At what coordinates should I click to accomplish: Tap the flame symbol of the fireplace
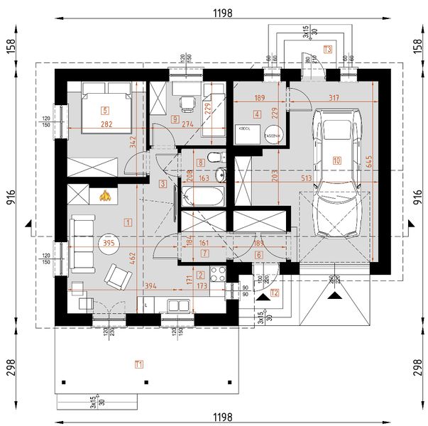[x=105, y=196]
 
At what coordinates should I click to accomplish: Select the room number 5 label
[x=105, y=110]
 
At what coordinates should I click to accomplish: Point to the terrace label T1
[x=139, y=364]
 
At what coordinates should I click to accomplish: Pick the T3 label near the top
[x=327, y=50]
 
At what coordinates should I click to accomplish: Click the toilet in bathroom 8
[x=213, y=158]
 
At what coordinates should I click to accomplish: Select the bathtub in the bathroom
[x=202, y=197]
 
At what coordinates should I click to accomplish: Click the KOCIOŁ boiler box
[x=246, y=133]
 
